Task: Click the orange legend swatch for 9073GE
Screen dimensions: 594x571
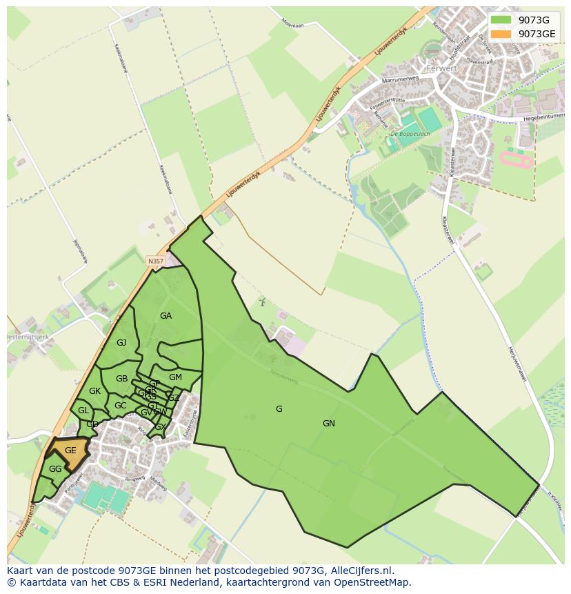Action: point(501,34)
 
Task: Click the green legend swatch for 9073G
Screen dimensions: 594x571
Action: point(501,20)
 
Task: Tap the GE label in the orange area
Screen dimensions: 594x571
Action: point(70,451)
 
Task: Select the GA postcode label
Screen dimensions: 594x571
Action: point(166,316)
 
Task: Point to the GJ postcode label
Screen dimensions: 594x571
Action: point(121,343)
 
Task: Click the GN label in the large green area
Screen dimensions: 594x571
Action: point(329,424)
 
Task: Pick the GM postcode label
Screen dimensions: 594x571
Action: point(175,377)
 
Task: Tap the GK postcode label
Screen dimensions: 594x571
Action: point(95,391)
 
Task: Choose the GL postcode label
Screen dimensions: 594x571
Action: point(83,410)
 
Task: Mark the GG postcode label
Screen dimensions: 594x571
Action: point(55,469)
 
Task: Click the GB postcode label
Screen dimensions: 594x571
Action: point(122,379)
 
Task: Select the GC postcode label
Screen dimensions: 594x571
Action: point(120,406)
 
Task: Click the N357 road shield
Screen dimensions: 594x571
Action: point(155,261)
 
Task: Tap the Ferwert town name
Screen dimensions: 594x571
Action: point(441,69)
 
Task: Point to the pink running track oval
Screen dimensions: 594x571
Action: point(516,161)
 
